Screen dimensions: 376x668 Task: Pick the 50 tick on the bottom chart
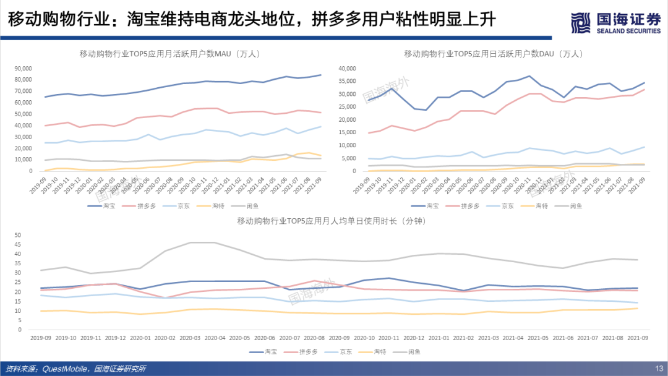17,235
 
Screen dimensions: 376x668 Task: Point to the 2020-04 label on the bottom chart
215,338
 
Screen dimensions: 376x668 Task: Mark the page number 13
659,369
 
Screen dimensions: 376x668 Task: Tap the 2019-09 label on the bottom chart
41,338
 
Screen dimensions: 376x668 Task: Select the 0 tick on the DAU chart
355,171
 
